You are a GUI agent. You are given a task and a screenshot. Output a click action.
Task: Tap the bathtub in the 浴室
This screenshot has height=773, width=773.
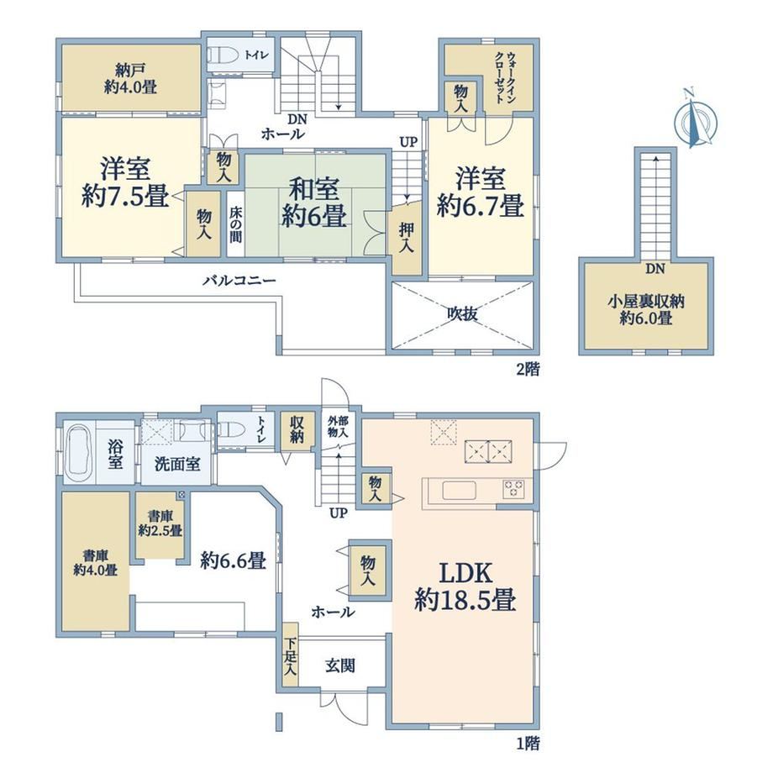tap(81, 453)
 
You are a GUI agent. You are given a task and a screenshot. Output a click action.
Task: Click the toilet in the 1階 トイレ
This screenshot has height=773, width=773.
tap(231, 431)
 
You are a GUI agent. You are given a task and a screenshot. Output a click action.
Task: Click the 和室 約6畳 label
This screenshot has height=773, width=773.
tap(313, 202)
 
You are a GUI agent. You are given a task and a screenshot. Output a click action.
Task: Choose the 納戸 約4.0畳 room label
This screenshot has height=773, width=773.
tap(130, 79)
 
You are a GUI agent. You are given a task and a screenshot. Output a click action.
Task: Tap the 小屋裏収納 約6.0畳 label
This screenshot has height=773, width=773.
tap(646, 309)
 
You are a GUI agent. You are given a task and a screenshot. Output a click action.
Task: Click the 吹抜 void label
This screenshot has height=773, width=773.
tap(462, 313)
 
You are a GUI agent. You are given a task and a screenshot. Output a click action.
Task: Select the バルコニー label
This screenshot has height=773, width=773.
tap(239, 281)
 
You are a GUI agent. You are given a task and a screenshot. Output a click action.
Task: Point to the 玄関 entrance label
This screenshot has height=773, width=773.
tap(340, 666)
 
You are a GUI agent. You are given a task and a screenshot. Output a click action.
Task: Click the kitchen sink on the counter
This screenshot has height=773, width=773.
tap(459, 491)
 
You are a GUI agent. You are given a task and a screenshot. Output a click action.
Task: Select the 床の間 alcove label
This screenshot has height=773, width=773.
tap(235, 223)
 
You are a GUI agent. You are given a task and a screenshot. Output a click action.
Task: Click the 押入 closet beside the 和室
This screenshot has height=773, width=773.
tap(407, 238)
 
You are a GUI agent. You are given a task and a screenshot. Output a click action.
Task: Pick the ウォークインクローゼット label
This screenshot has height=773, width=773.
tap(504, 77)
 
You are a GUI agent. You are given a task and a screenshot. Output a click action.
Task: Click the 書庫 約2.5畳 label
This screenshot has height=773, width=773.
tap(160, 523)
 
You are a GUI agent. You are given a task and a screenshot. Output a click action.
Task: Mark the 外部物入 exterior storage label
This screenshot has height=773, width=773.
tap(338, 427)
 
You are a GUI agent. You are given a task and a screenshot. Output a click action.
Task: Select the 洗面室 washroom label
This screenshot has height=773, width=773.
tap(177, 465)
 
